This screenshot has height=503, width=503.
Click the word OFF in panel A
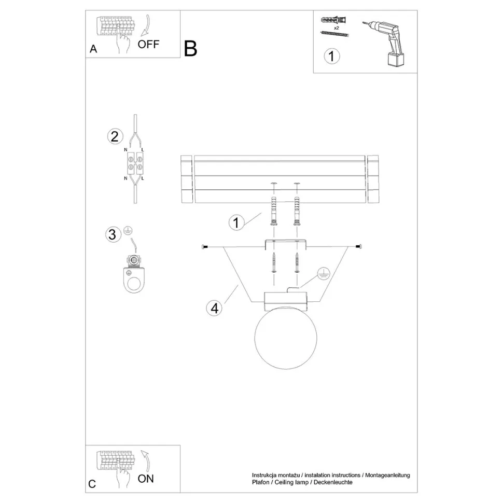tap(148, 44)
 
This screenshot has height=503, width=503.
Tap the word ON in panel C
tap(146, 479)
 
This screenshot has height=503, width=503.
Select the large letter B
tap(190, 49)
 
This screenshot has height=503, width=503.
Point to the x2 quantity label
tap(337, 28)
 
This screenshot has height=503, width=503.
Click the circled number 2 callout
tap(115, 136)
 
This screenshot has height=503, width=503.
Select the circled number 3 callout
tap(113, 234)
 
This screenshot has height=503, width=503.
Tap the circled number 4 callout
tap(214, 308)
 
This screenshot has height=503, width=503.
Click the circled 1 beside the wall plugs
tap(236, 222)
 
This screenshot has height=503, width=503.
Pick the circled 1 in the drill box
tap(332, 56)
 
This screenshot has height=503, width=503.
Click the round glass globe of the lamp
tap(286, 338)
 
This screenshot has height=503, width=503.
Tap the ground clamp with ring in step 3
tap(134, 274)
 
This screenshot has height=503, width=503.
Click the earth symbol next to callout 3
tap(128, 231)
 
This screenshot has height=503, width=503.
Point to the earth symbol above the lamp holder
tap(324, 273)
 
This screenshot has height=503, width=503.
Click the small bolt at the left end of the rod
tap(204, 247)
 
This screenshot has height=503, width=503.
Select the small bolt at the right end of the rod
tap(359, 246)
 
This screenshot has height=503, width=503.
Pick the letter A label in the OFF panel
tap(93, 49)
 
